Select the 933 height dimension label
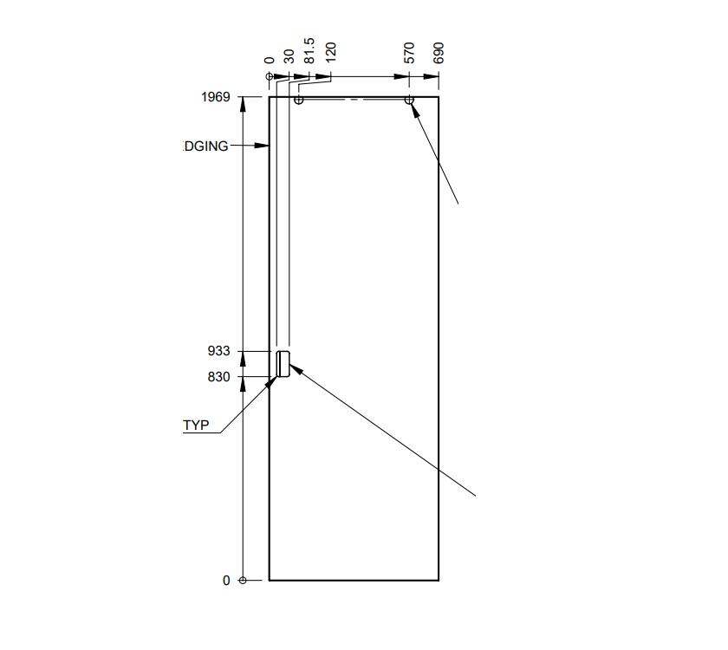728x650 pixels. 219,351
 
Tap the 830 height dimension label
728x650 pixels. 219,377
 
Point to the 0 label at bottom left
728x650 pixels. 227,581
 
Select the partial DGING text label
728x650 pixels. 206,146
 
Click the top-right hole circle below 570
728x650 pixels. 409,101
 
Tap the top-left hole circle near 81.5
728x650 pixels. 298,101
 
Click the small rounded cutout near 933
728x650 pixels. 283,365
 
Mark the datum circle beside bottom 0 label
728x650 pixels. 243,580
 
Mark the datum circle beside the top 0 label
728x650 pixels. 270,76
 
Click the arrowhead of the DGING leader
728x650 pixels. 264,146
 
